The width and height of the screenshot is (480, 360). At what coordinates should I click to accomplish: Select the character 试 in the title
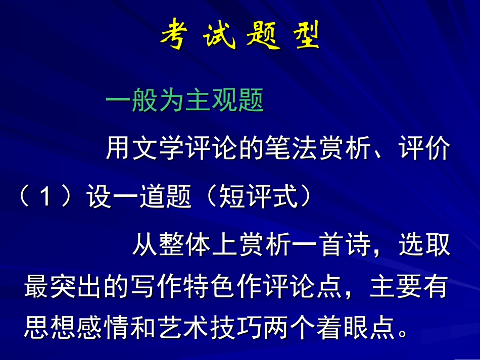point(219,35)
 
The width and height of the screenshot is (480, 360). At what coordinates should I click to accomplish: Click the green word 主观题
point(224,101)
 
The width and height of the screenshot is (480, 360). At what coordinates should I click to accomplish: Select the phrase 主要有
point(409,287)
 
